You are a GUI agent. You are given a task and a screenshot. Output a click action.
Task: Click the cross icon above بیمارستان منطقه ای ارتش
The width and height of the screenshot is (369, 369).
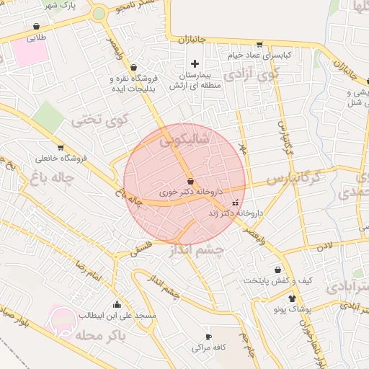tap(195, 64)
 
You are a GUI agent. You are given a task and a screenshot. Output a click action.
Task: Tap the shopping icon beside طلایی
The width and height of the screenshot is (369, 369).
tap(37, 27)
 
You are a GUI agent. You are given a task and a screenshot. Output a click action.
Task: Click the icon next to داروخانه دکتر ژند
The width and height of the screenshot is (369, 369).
tap(235, 203)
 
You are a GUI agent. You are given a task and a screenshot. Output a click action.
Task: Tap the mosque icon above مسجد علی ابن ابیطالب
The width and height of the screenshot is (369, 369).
tap(117, 303)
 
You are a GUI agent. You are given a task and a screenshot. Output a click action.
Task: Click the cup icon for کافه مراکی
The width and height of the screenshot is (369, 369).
tap(209, 337)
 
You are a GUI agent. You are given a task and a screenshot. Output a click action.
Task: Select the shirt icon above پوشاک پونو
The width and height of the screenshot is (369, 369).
tap(291, 298)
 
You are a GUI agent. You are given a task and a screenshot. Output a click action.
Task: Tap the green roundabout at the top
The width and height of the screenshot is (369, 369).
tap(99, 14)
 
